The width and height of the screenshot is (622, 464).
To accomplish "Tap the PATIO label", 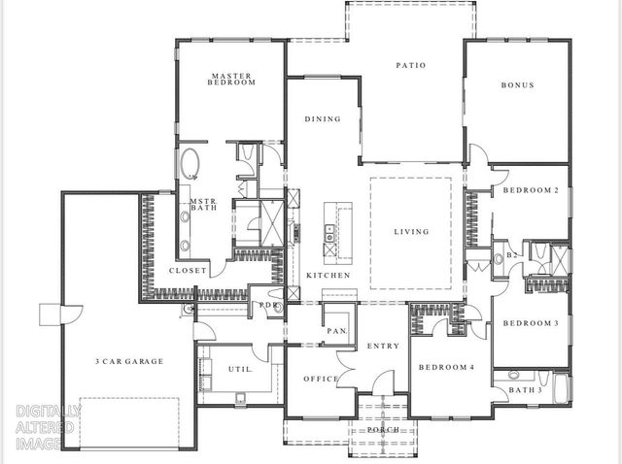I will pyautogui.click(x=410, y=66).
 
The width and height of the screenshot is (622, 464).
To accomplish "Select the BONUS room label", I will pyautogui.click(x=517, y=85).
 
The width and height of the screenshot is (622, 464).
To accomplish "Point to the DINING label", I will pyautogui.click(x=323, y=119).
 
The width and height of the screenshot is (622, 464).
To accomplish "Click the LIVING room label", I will pyautogui.click(x=410, y=232).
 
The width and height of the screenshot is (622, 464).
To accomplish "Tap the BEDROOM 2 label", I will pyautogui.click(x=530, y=190).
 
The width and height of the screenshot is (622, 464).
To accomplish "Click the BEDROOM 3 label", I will pyautogui.click(x=530, y=322).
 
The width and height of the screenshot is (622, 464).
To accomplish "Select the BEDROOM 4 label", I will pyautogui.click(x=447, y=368).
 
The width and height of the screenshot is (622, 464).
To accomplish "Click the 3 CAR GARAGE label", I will pyautogui.click(x=129, y=361).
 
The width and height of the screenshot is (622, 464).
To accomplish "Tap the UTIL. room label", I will pyautogui.click(x=240, y=370).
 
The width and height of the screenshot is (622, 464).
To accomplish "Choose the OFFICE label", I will pyautogui.click(x=320, y=379).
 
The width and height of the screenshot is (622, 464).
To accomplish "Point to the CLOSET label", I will pyautogui.click(x=188, y=271).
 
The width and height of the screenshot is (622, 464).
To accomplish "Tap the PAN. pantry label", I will pyautogui.click(x=337, y=331).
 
